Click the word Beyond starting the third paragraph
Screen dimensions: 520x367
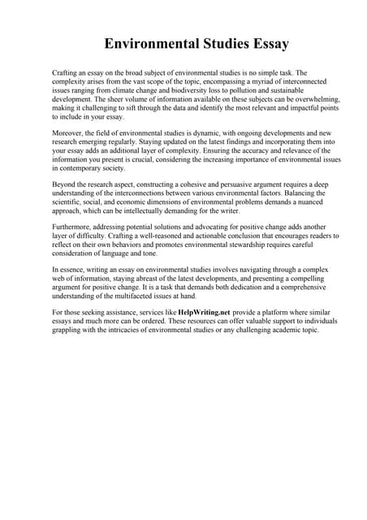tap(65, 184)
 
